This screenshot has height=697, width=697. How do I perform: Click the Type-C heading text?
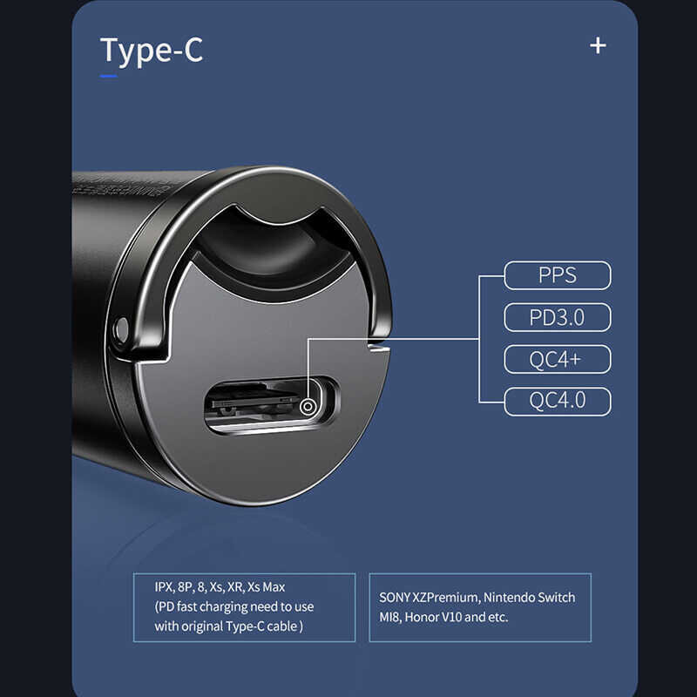coord(152,51)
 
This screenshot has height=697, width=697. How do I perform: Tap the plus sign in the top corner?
coord(598,45)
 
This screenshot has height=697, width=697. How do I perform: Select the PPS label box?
coord(558,276)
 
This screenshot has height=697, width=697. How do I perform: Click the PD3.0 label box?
coord(558,318)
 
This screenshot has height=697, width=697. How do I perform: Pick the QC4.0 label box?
coord(558,402)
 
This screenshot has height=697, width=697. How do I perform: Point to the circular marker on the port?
coord(307,406)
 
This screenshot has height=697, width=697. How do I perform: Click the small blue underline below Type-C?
coord(108,77)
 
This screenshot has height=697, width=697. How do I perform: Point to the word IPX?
coord(164,587)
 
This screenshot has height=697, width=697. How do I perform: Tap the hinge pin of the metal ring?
coord(119,329)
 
